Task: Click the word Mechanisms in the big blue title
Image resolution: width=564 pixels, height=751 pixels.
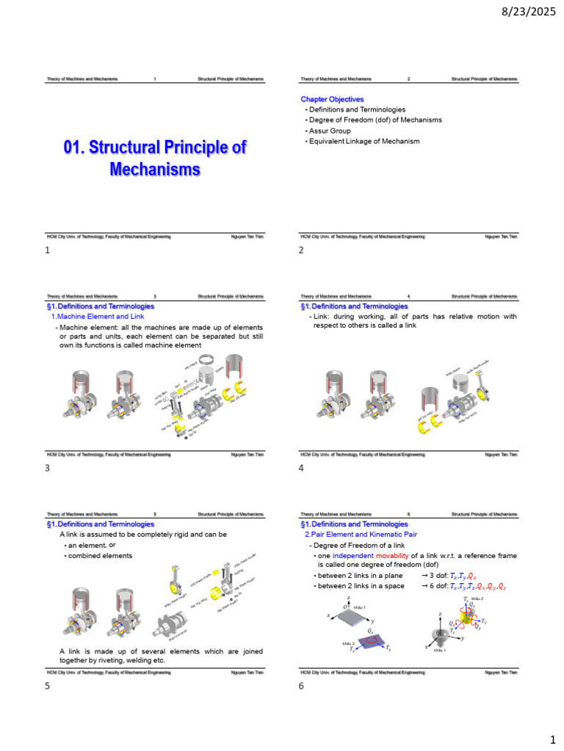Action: (155, 169)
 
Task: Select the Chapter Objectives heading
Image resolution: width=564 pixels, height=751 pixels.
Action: (332, 99)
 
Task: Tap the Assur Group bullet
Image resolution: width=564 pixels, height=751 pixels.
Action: (329, 131)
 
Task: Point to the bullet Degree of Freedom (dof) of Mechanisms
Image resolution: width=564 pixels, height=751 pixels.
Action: (375, 120)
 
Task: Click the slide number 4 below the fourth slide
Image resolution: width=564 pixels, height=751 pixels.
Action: (301, 468)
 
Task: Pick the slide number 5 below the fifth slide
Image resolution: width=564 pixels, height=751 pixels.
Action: (48, 686)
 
